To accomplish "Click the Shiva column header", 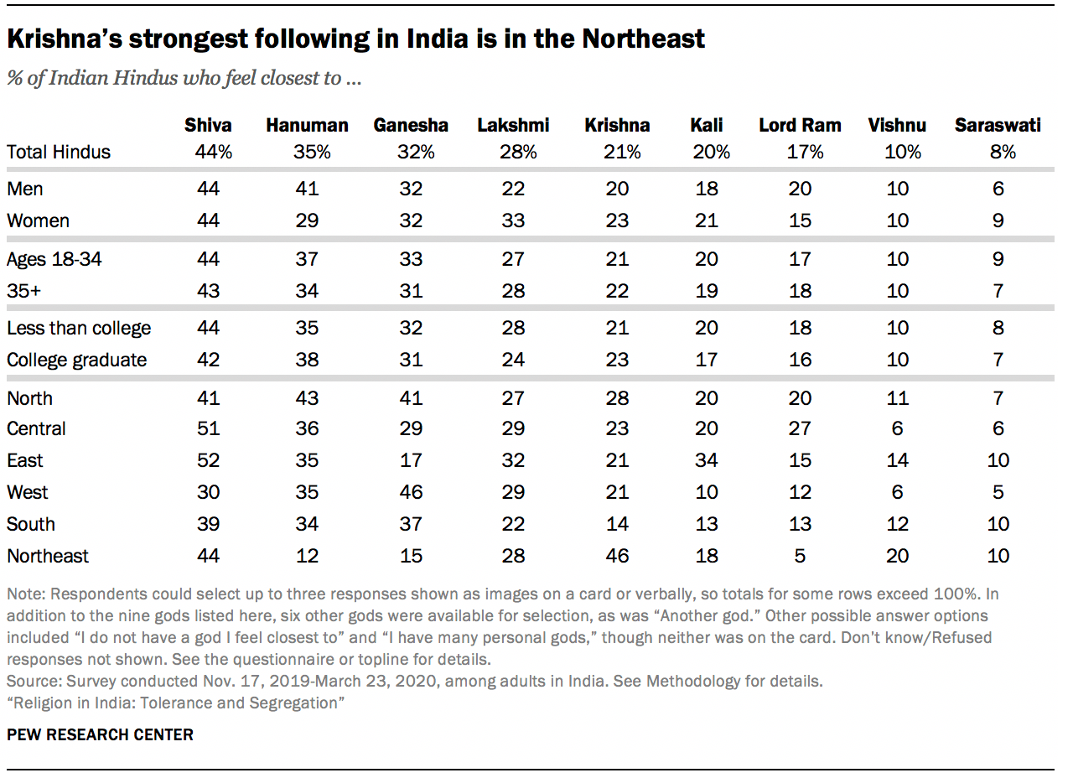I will point(208,125).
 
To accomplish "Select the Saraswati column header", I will point(998,125).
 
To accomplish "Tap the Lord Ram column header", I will point(800,125).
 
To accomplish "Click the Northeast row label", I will point(48,556).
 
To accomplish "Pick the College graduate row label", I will point(77,360).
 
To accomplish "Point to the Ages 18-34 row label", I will point(54,259).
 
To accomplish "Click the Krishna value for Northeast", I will point(617,556).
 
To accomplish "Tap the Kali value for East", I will point(707,460).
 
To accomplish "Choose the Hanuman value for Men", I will point(307,189).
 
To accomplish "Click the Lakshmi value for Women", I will point(513,220).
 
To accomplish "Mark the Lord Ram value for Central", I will point(800,428).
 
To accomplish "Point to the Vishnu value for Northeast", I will point(897,556).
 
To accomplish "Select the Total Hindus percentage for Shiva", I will point(208,152).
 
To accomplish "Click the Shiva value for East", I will point(208,460).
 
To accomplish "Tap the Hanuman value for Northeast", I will point(307,556).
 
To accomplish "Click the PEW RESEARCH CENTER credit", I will point(100,734).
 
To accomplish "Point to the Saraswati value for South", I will point(998,524).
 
